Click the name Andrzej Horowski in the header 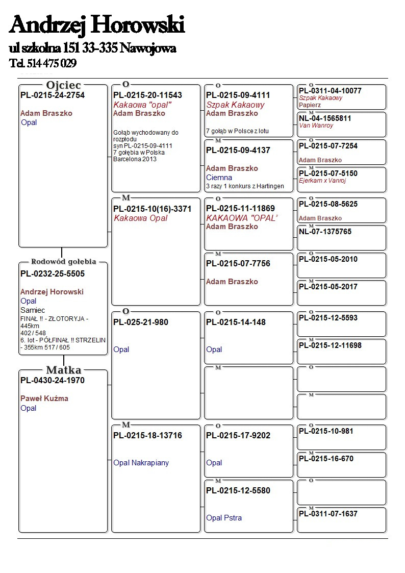click(x=97, y=24)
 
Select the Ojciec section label click(x=64, y=85)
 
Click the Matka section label click(x=64, y=370)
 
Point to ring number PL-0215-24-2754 click(x=53, y=95)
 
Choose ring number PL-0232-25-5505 click(x=53, y=273)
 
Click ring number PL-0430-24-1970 click(x=53, y=380)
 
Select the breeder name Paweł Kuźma click(x=44, y=398)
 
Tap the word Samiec click(x=33, y=310)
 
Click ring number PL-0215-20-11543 click(x=147, y=95)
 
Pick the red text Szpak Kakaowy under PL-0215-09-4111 click(x=235, y=105)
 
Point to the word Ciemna click(x=219, y=178)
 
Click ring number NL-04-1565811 click(x=325, y=118)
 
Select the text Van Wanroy click(x=316, y=126)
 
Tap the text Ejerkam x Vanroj click(x=322, y=181)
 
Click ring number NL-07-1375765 click(x=325, y=232)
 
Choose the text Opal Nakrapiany click(x=141, y=463)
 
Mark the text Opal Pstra click(x=224, y=518)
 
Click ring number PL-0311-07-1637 click(x=328, y=514)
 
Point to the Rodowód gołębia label click(x=64, y=262)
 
